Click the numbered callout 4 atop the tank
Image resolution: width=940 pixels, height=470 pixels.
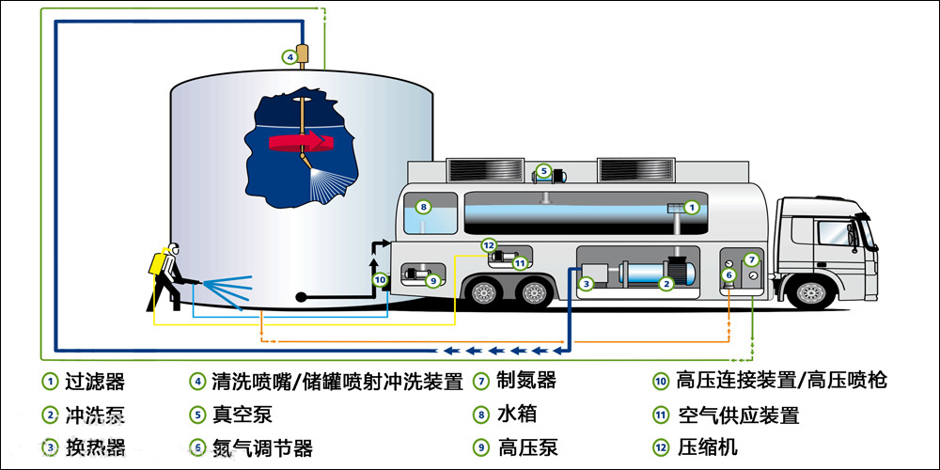point(290,56)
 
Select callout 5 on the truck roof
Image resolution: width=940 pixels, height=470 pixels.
point(542,171)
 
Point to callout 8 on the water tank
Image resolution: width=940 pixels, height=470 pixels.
point(424,207)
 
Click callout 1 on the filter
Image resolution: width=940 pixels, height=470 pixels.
point(691,207)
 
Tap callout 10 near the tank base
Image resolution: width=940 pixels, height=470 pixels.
point(379,279)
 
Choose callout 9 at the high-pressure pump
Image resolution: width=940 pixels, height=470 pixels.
point(431,279)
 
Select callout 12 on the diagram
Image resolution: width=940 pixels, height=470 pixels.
point(488,245)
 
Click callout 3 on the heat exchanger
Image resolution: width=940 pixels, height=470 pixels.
point(585,283)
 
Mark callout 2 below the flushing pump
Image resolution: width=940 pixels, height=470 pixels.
point(666,283)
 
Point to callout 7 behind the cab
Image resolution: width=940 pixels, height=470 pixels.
point(750,259)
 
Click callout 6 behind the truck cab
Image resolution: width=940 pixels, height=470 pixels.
point(728,274)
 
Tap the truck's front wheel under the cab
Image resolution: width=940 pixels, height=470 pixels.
point(811,292)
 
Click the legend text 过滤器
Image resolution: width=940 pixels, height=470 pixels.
point(95,382)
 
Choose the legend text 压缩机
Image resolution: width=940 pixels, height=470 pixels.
point(707,447)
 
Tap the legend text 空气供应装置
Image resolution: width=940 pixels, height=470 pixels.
point(738,415)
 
